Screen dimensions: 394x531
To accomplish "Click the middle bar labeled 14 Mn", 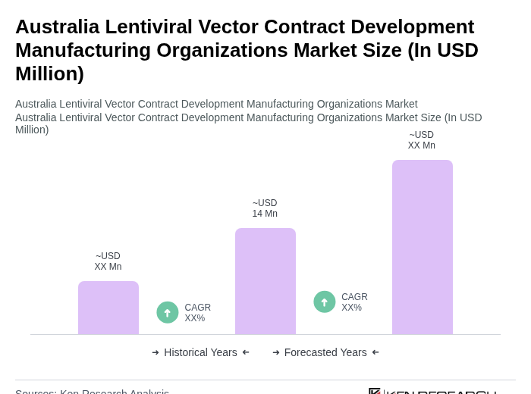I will click(265, 281).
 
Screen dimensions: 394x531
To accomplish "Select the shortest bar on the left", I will click(108, 308).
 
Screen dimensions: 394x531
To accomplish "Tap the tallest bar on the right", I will click(422, 247).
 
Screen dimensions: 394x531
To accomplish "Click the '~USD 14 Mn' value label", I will click(265, 208).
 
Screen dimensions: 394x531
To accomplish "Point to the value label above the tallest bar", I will click(421, 140).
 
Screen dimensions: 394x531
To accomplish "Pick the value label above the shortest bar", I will click(108, 261).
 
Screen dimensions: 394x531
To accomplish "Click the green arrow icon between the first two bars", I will click(168, 312).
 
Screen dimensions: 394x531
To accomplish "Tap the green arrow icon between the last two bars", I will click(325, 302).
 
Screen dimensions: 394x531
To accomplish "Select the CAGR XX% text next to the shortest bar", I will click(197, 312).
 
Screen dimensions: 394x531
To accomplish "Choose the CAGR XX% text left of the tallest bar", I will click(354, 302).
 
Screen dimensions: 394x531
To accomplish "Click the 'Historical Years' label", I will click(200, 352).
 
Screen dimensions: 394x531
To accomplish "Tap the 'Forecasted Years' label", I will click(325, 352).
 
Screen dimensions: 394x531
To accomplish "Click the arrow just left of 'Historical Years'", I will click(156, 352).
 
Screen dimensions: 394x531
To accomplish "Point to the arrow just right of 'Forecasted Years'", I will click(375, 352).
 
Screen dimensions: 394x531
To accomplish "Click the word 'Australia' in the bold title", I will click(58, 27).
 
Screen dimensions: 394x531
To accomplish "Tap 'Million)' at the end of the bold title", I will click(49, 73).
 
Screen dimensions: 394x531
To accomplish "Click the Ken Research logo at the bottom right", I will click(432, 391).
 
